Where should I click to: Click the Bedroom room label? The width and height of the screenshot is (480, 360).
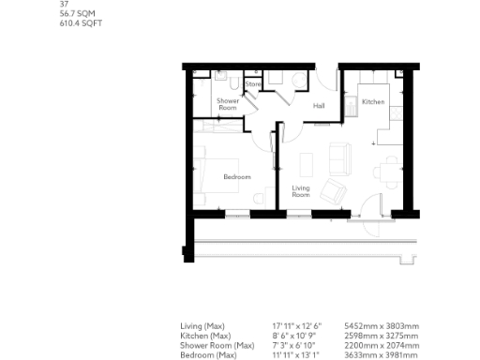coord(236,176)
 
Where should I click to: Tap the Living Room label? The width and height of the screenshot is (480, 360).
coord(301,191)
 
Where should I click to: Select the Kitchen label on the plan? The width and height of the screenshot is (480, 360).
coord(373,101)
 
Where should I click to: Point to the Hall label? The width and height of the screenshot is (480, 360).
coord(319,106)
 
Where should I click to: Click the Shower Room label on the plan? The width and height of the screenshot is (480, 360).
coord(228,103)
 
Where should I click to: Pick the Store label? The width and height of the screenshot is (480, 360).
coord(252,84)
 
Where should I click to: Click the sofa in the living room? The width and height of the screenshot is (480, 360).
coord(341,158)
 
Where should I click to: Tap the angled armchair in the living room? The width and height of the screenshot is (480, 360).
coord(332,192)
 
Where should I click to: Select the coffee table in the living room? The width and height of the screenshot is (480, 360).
coord(306,164)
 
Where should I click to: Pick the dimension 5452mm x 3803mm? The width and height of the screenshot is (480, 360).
coord(376,326)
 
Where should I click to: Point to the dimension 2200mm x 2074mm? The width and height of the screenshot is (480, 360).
coord(376,344)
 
